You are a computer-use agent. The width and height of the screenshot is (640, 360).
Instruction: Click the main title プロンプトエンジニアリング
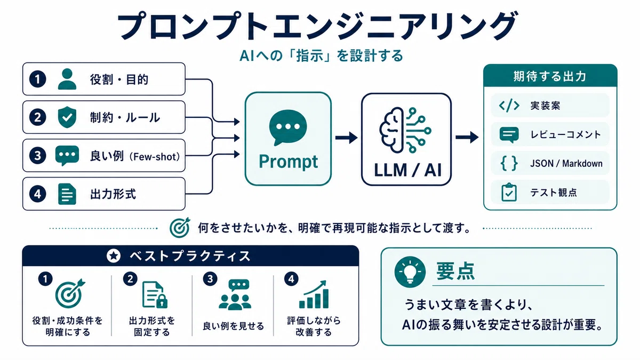point(317,26)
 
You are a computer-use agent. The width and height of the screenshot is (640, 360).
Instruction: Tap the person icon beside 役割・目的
point(67,79)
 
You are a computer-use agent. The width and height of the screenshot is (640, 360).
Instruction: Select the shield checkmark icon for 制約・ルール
point(67,117)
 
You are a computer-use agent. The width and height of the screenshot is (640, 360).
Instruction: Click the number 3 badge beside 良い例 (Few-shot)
point(38,156)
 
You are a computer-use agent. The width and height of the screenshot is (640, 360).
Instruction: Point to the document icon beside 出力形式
point(67,194)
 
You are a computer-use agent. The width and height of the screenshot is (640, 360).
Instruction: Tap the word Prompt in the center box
point(288,162)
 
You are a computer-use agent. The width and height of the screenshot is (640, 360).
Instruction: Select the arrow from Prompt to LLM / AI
point(346,138)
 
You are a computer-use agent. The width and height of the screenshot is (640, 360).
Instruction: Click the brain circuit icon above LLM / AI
point(405,130)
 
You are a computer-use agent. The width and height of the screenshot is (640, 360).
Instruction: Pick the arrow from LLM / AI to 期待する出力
point(467,138)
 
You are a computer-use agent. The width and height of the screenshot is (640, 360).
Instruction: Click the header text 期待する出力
point(550,76)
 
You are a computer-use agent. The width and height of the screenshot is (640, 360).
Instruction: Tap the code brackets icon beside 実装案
point(509,106)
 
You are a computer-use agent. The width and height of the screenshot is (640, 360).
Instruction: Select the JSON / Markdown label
point(566,163)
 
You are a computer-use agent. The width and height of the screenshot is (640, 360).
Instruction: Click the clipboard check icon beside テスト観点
point(509,193)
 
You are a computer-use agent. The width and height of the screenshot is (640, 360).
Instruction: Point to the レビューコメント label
point(566,134)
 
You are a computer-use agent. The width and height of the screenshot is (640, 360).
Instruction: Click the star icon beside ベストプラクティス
point(114,255)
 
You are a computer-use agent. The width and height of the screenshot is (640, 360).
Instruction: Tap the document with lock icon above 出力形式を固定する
point(155,294)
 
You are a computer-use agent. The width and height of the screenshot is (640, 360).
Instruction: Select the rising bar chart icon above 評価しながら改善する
point(314,294)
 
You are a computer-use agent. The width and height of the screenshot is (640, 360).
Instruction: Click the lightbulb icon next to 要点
point(410,271)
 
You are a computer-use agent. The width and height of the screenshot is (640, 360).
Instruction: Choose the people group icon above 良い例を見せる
point(235,294)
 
